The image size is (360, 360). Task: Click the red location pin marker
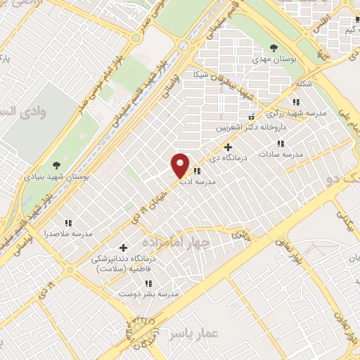coord(181,165)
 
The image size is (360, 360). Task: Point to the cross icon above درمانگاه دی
coord(227,147)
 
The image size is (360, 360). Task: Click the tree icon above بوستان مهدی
coord(274,49)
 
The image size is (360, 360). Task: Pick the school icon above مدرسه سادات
coord(281,143)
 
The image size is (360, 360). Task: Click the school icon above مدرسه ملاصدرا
coord(68,222)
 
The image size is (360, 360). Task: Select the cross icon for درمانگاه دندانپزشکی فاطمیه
coord(124,247)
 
